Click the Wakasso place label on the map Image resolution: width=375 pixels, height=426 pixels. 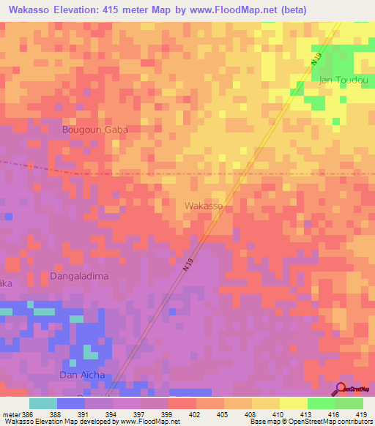tap(204, 206)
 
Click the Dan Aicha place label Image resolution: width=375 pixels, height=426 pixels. tap(82, 375)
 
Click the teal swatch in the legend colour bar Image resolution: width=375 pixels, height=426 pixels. tap(43, 403)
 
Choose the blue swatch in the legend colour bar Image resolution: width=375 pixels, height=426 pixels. tap(70, 403)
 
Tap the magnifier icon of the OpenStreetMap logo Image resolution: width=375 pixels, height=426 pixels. tap(341, 389)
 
